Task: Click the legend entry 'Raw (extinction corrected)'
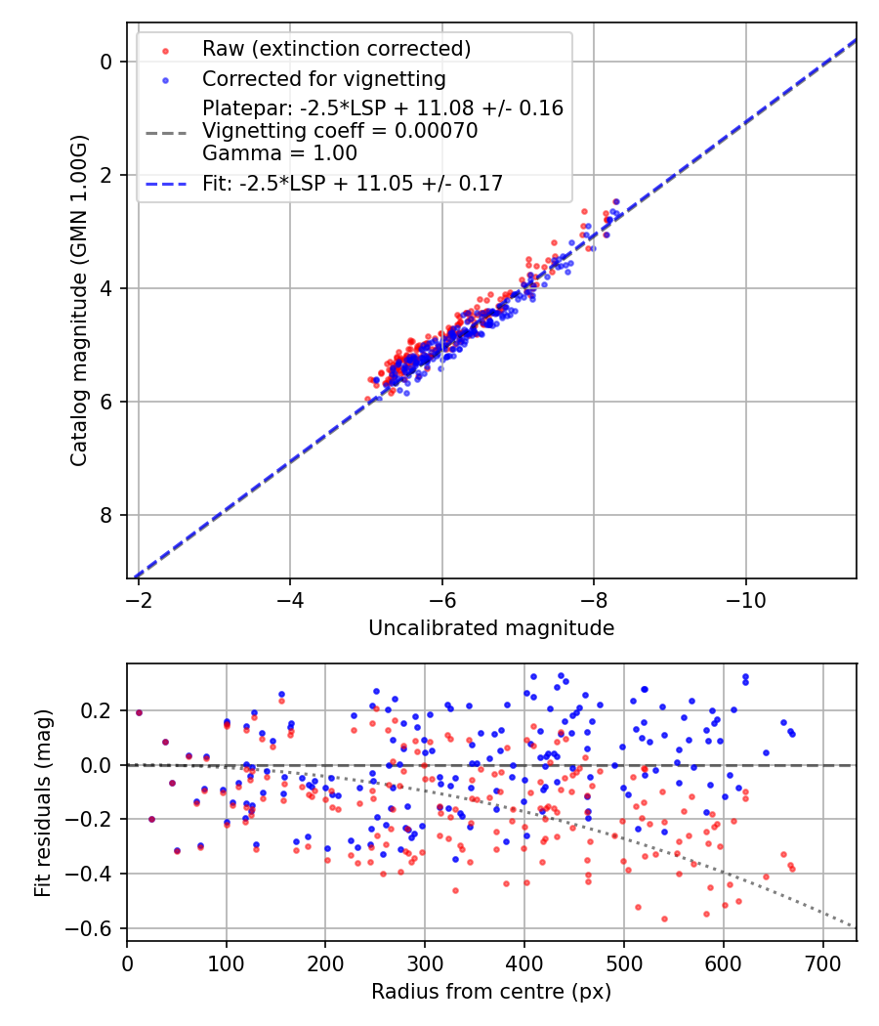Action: (336, 49)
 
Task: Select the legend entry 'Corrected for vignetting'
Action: (323, 79)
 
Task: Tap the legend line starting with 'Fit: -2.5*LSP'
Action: (353, 184)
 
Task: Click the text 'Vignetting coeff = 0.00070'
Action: (340, 131)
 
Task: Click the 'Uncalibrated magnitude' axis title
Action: (491, 628)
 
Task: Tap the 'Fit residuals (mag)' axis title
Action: (42, 803)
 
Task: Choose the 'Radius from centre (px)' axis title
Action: (491, 992)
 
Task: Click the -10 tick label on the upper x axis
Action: (745, 597)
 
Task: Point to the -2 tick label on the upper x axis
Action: (138, 597)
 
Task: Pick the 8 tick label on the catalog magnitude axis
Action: (107, 515)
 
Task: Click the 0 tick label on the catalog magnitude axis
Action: (107, 62)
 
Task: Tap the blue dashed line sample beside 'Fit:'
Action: (166, 184)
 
